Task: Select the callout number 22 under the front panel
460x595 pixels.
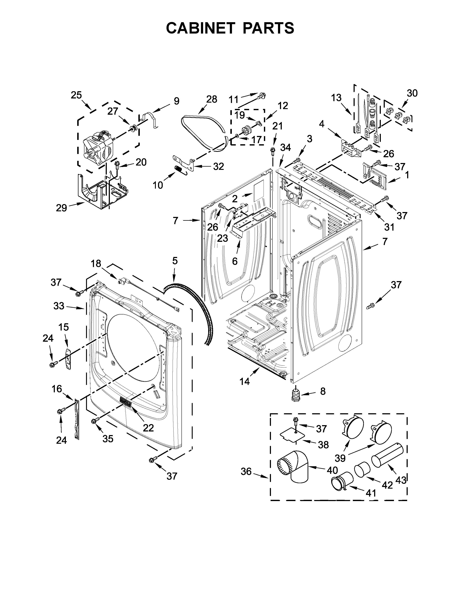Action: (x=148, y=428)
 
